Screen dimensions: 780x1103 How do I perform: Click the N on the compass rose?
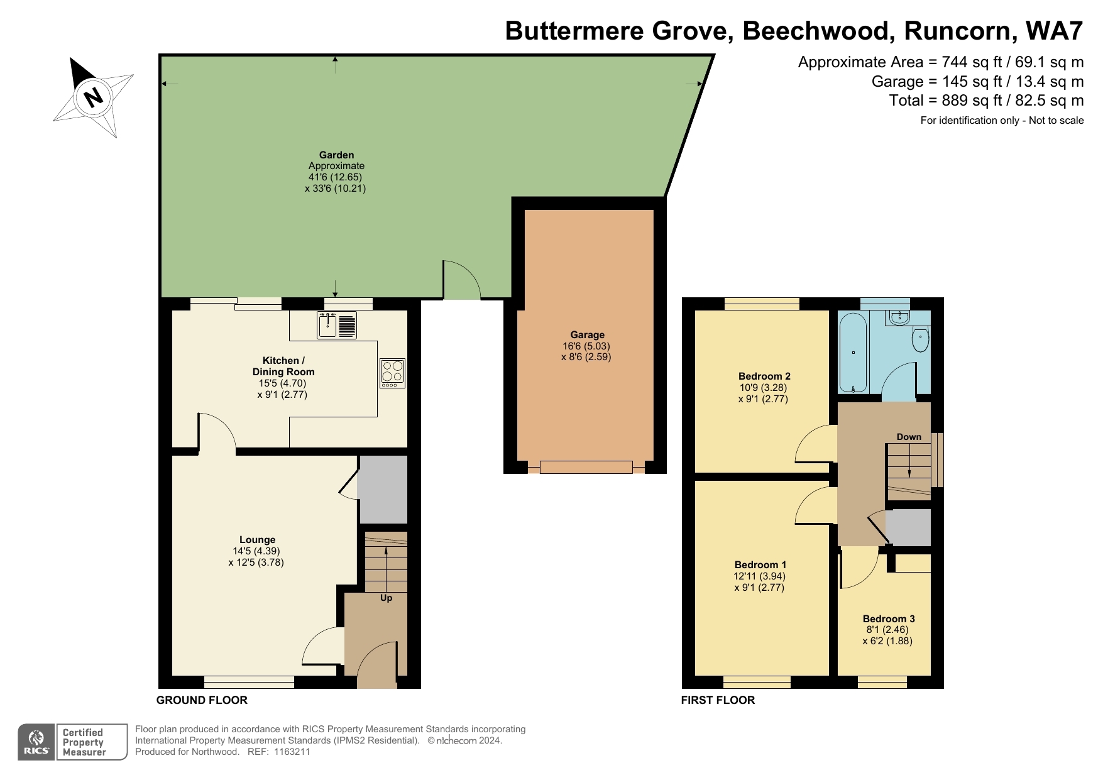coord(94,97)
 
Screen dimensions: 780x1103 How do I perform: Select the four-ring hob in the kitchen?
coord(392,373)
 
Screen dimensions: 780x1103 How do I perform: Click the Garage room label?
coord(587,335)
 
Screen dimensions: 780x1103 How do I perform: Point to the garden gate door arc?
coord(462,280)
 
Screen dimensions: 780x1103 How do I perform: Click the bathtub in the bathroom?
coord(853,353)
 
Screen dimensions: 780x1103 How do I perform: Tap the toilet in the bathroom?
coord(920,339)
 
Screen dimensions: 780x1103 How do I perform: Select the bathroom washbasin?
coord(900,317)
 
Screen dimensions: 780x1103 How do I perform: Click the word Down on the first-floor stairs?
coord(908,437)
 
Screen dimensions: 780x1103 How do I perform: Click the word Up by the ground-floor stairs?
coord(386,598)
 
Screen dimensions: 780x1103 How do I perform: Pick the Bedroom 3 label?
coord(888,618)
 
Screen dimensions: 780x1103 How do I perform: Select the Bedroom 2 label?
coord(764,376)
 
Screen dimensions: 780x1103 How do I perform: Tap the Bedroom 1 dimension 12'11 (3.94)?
coord(759,576)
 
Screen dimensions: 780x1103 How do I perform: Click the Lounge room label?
coord(257,539)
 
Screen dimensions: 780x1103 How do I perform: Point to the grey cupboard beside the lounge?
coord(383,489)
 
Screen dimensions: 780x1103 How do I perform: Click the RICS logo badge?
coord(36,742)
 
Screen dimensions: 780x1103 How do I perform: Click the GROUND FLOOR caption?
coord(202,700)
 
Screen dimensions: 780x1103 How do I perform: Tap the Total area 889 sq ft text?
coord(985,101)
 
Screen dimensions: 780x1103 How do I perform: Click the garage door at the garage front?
coord(586,467)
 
